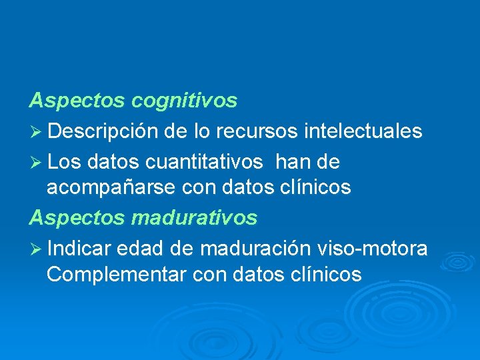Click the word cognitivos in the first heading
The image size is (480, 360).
(x=185, y=101)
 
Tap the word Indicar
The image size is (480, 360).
(x=79, y=249)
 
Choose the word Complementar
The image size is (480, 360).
(x=113, y=274)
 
